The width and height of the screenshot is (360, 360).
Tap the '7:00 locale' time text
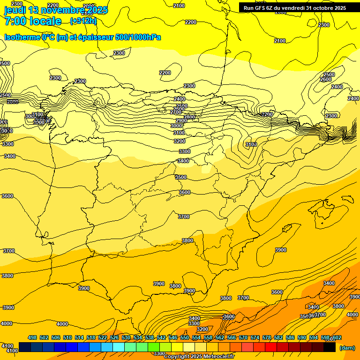click(x=33, y=21)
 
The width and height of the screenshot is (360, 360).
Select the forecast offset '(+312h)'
click(x=83, y=21)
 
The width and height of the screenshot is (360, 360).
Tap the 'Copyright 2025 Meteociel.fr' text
click(x=199, y=356)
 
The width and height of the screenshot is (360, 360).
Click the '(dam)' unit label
click(x=346, y=348)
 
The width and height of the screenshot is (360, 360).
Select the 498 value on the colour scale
click(x=32, y=337)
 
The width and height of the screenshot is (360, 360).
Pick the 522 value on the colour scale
click(x=103, y=337)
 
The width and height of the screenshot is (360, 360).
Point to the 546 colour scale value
click(x=172, y=337)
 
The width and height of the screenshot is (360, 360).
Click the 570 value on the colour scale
click(x=243, y=337)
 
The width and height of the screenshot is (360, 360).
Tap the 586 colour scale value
click(x=290, y=337)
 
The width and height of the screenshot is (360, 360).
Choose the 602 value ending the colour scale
click(x=336, y=337)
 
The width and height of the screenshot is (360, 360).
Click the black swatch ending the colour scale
click(x=330, y=347)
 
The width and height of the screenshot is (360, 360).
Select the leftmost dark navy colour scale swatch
click(x=25, y=347)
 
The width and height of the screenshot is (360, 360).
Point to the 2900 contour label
click(x=181, y=120)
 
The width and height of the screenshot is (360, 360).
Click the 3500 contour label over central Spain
click(x=181, y=177)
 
